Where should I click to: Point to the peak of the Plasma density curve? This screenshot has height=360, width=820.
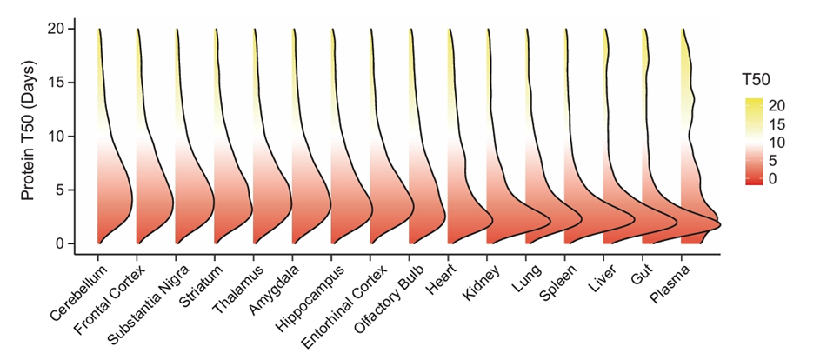[x=721, y=224]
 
